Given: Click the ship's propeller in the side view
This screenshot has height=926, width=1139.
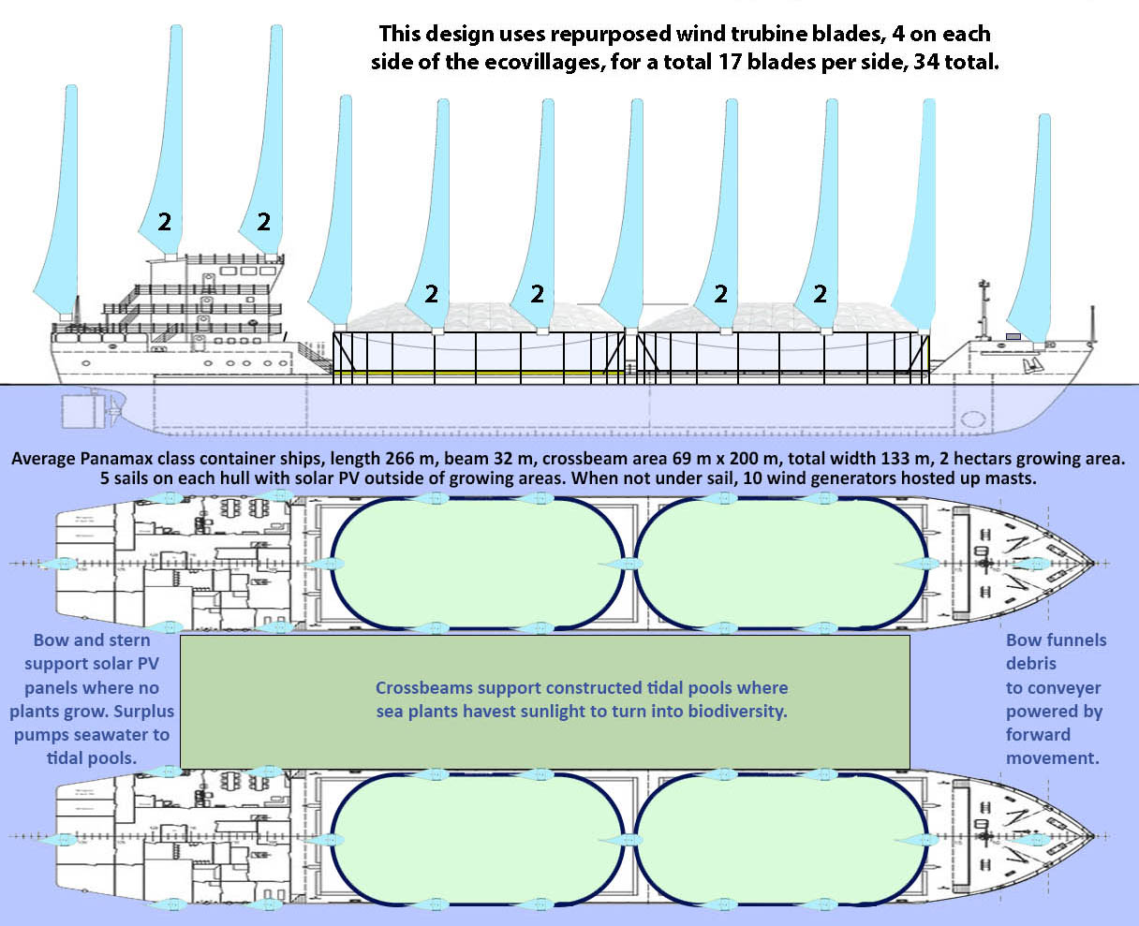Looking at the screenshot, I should (x=117, y=410).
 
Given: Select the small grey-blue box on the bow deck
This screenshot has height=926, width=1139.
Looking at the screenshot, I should (x=1013, y=336).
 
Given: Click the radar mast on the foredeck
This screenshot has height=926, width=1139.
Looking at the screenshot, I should (x=984, y=309).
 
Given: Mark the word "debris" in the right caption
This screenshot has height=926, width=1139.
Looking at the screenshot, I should (x=1031, y=664).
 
